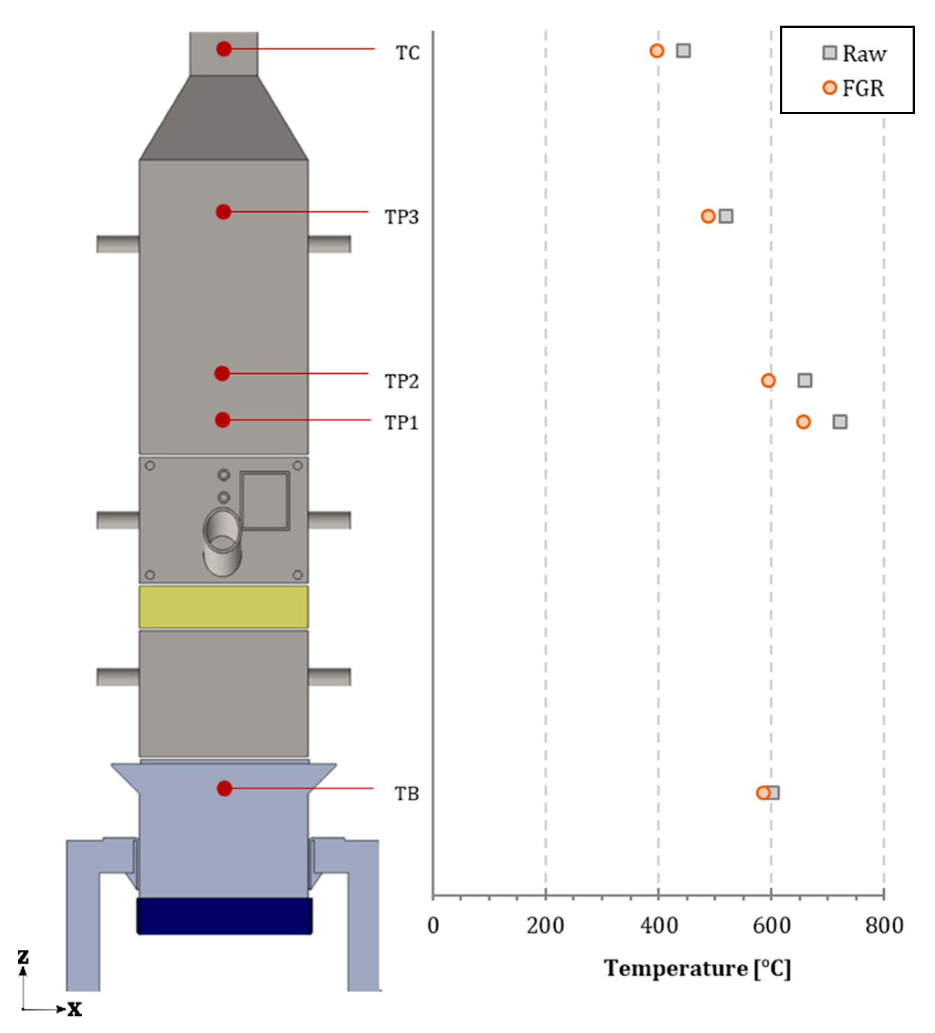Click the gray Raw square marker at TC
point(683,51)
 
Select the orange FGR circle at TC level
point(657,51)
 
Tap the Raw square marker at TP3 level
point(725,216)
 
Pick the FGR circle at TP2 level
point(768,380)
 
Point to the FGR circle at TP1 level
point(803,422)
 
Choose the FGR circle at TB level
point(763,793)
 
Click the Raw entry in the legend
point(855,53)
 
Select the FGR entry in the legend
point(853,88)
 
